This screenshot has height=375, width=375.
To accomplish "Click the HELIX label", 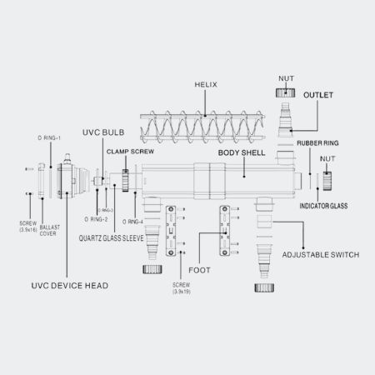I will coord(205,86).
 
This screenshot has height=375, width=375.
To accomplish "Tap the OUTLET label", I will coord(317,96).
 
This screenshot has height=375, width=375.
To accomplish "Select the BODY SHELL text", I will coord(242,154).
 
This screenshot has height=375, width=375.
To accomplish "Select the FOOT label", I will coord(200,269).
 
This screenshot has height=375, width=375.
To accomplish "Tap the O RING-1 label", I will coord(50,136).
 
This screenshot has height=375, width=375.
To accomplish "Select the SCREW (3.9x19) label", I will coord(182,288).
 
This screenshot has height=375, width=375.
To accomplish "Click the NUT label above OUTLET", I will coord(285,77).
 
